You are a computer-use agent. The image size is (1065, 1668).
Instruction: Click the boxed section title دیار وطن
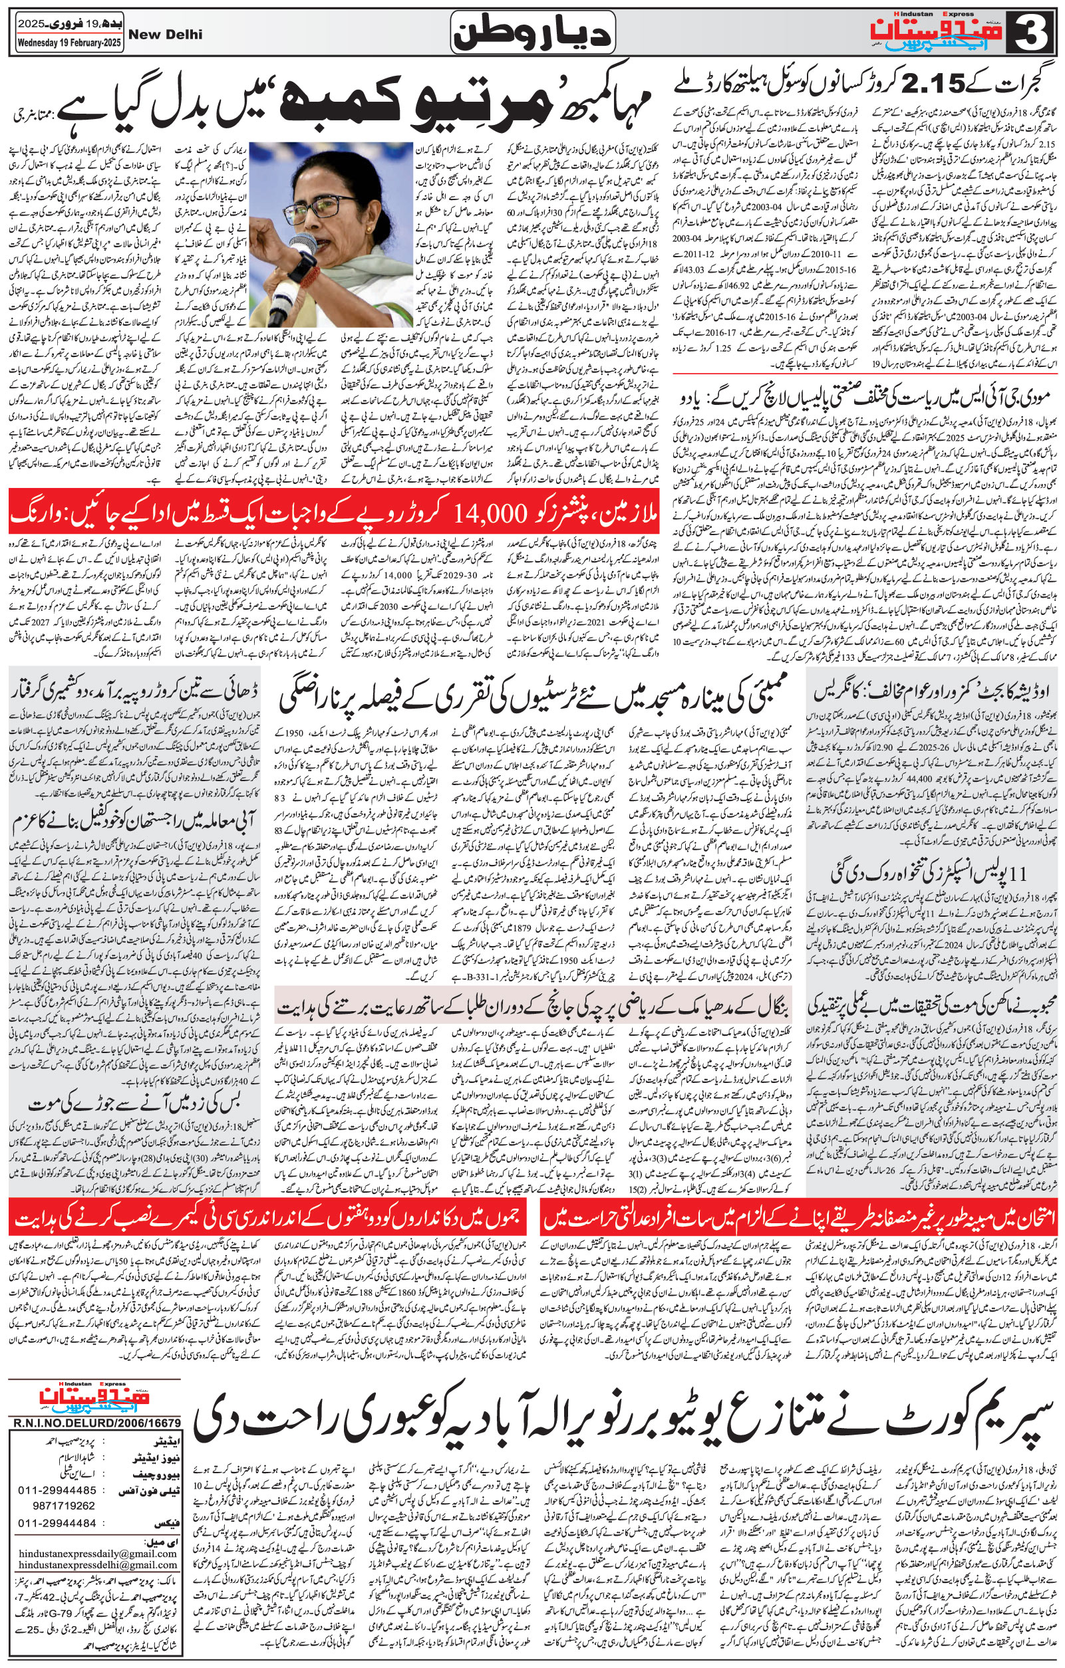coord(532,33)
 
